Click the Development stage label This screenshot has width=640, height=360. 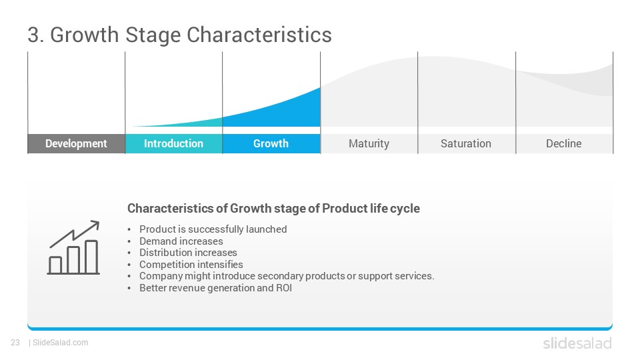point(76,144)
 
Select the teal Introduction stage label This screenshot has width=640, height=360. point(173,144)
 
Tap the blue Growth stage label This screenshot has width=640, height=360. point(271,144)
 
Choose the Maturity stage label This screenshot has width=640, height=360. point(369,144)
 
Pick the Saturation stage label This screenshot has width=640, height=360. point(466,144)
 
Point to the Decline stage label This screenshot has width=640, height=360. point(564,144)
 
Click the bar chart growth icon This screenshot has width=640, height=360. point(73,247)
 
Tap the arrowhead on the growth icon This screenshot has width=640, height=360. point(95,225)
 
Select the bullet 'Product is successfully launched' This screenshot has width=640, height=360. point(213,229)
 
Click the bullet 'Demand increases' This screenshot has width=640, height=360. point(181,241)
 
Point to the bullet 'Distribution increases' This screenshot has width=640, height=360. point(188,253)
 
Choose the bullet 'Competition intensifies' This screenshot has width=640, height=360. point(191,265)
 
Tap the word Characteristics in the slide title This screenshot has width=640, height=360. point(259,35)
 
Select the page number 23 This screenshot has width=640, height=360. point(15,343)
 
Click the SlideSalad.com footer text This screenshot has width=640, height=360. point(61,343)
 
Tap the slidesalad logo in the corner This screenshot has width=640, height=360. point(577,343)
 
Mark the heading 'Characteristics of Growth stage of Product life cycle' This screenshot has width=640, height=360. point(273,209)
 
